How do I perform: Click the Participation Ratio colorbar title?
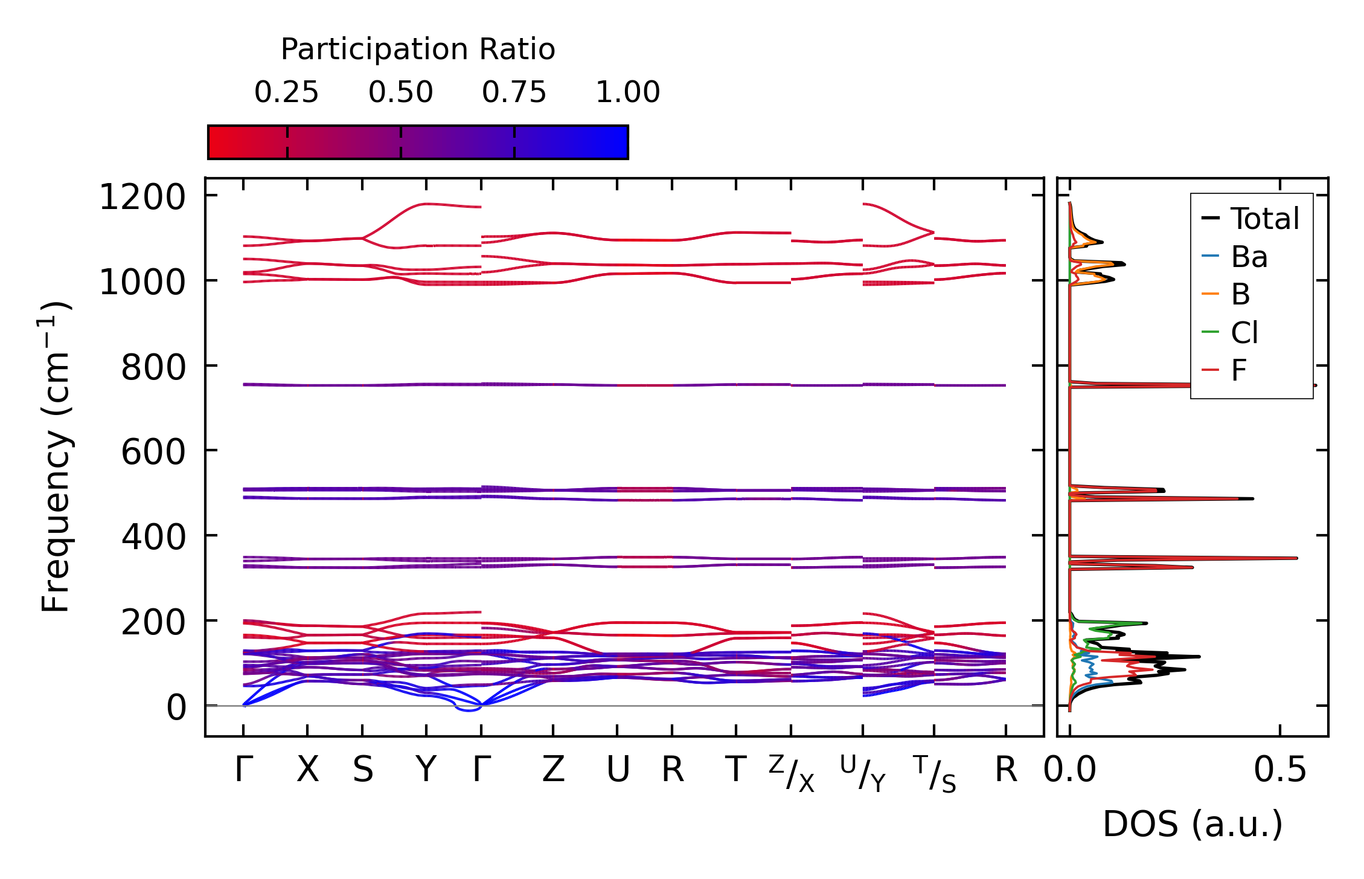pyautogui.click(x=418, y=50)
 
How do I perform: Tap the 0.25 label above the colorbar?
pyautogui.click(x=286, y=92)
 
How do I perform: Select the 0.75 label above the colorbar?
pyautogui.click(x=514, y=92)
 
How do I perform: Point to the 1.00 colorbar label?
pyautogui.click(x=628, y=92)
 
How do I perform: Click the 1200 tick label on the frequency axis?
pyautogui.click(x=142, y=198)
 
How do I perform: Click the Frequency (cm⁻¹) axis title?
pyautogui.click(x=56, y=457)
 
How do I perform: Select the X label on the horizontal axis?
pyautogui.click(x=307, y=770)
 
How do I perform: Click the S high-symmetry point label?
pyautogui.click(x=363, y=770)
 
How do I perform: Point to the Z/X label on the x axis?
pyautogui.click(x=792, y=774)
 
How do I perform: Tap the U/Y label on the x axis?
pyautogui.click(x=863, y=774)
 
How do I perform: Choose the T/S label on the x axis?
pyautogui.click(x=935, y=774)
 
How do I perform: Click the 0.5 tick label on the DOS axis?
pyautogui.click(x=1280, y=770)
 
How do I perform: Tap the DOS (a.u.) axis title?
pyautogui.click(x=1193, y=824)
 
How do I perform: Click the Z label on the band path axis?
pyautogui.click(x=553, y=770)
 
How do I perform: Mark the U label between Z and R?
pyautogui.click(x=618, y=770)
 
